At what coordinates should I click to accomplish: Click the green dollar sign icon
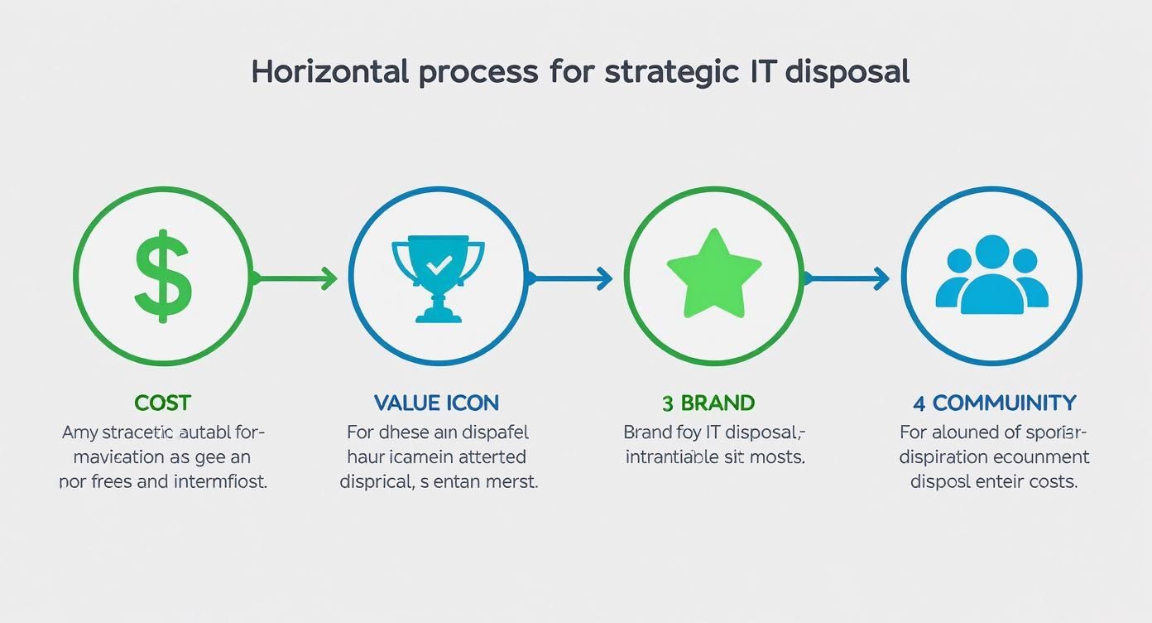pyautogui.click(x=163, y=277)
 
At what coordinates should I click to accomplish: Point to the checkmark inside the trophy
pyautogui.click(x=439, y=263)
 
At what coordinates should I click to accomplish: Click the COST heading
pyautogui.click(x=163, y=403)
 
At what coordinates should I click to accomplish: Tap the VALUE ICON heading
pyautogui.click(x=437, y=403)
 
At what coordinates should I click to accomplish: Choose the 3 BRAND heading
pyautogui.click(x=708, y=403)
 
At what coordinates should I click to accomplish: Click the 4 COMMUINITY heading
pyautogui.click(x=995, y=403)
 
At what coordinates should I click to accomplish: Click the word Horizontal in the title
pyautogui.click(x=329, y=72)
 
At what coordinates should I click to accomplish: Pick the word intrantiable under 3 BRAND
pyautogui.click(x=672, y=456)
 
